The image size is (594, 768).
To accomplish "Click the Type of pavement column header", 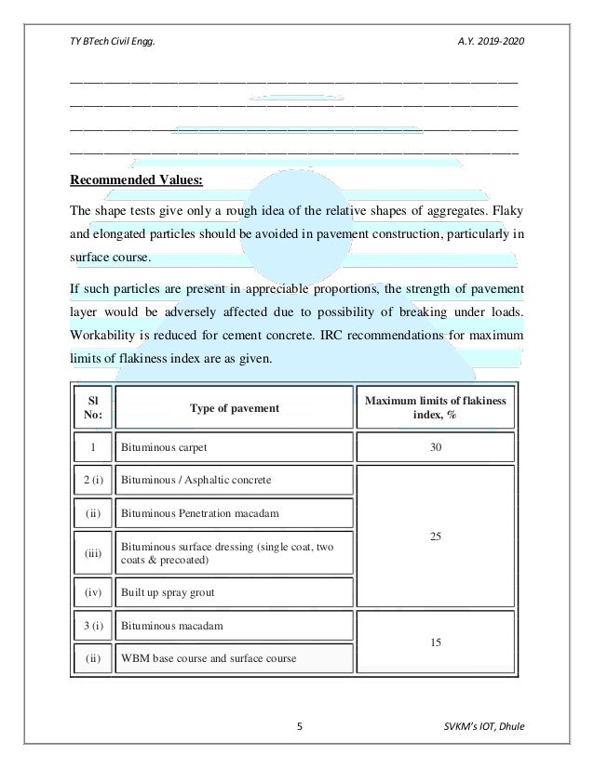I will click(235, 407).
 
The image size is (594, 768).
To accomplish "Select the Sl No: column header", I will click(92, 407).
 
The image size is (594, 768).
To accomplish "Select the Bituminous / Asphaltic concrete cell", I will click(196, 481).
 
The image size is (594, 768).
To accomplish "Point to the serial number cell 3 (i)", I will click(92, 626).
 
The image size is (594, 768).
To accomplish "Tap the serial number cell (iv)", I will click(92, 590).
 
